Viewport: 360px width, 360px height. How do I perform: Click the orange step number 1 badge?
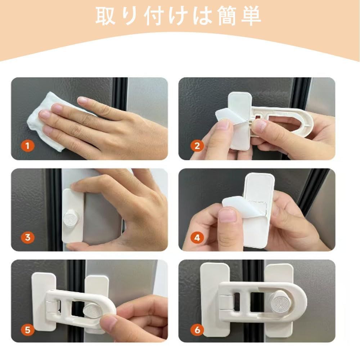pyautogui.click(x=28, y=145)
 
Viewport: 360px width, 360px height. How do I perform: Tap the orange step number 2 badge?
pyautogui.click(x=197, y=146)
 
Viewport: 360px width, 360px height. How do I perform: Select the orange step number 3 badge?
pyautogui.click(x=28, y=237)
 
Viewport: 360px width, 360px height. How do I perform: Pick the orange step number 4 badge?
pyautogui.click(x=197, y=238)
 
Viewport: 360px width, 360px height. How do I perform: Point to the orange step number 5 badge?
pyautogui.click(x=28, y=330)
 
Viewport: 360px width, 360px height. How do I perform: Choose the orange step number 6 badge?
pyautogui.click(x=197, y=330)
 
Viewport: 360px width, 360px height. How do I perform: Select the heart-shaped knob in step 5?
pyautogui.click(x=92, y=310)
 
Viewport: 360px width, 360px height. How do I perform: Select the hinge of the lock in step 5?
pyautogui.click(x=53, y=306)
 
